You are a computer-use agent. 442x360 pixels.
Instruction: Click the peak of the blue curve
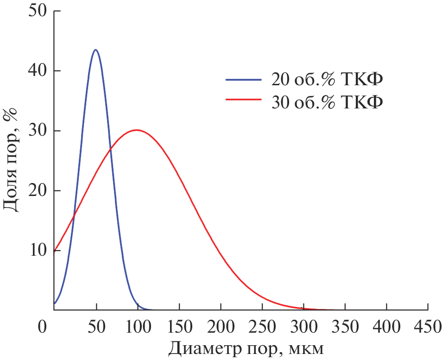pos(95,50)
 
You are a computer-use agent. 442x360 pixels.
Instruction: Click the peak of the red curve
pos(137,130)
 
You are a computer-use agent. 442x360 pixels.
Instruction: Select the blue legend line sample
pos(244,79)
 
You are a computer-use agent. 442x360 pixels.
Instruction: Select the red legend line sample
pos(244,99)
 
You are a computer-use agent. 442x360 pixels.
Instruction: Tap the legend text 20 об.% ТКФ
pos(327,80)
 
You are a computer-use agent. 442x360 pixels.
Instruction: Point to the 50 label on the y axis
pos(38,11)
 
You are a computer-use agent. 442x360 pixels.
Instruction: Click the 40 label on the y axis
pos(38,71)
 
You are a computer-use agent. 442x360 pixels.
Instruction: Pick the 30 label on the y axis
pos(38,131)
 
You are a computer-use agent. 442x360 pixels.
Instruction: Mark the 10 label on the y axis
pos(38,250)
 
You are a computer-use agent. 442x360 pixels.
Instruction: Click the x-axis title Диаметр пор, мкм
pos(246,348)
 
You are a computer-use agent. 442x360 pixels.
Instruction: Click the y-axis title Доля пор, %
pos(11,160)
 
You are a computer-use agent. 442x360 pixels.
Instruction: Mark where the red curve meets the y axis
pos(55,251)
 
